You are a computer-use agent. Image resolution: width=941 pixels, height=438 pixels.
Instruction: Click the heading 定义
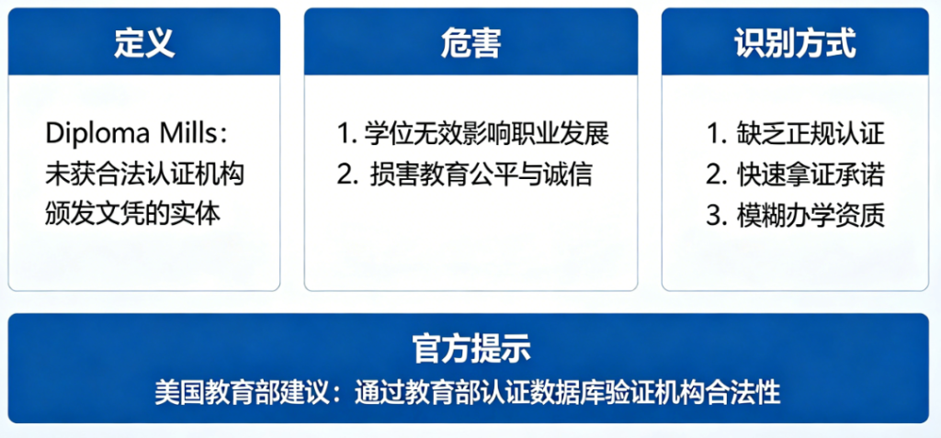point(144,43)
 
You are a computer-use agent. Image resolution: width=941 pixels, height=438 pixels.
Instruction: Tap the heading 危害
point(470,43)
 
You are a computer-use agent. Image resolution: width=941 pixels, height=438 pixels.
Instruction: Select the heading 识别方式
point(795,43)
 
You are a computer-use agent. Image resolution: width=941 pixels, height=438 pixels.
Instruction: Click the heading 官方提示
point(470,349)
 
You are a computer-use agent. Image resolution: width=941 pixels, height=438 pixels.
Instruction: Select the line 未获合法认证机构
point(144,174)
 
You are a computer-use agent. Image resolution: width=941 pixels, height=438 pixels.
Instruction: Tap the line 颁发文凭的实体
point(133,214)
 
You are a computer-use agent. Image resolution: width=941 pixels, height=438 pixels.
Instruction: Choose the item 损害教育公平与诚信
point(482,174)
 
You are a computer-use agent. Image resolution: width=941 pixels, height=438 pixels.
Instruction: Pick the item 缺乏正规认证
point(810,134)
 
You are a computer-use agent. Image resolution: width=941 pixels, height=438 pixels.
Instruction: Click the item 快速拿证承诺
point(810,174)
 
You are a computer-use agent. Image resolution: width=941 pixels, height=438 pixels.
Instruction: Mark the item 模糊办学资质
point(810,215)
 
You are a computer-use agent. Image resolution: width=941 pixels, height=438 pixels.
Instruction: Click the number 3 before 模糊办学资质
point(716,215)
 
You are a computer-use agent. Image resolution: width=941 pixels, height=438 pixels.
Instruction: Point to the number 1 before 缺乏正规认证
point(715,134)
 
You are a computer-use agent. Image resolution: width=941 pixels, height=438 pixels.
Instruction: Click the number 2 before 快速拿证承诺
point(716,174)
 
